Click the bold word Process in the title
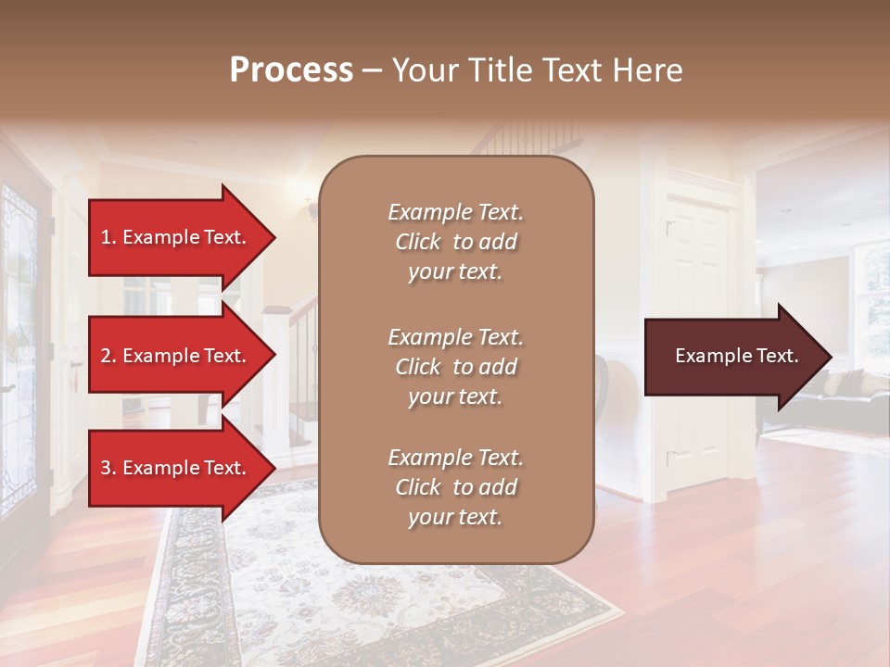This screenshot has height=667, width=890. (x=291, y=70)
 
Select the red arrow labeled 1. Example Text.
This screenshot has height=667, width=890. (x=176, y=237)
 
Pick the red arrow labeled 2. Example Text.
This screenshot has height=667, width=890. (x=176, y=356)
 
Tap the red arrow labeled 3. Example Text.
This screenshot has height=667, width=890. (x=176, y=468)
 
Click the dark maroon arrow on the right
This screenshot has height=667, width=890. (x=732, y=357)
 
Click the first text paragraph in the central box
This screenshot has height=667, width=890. (x=455, y=242)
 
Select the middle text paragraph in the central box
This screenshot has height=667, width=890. (x=455, y=367)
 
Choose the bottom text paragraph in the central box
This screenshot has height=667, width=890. (x=455, y=487)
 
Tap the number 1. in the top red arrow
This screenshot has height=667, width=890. (x=108, y=237)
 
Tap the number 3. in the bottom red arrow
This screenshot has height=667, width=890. (x=108, y=468)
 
